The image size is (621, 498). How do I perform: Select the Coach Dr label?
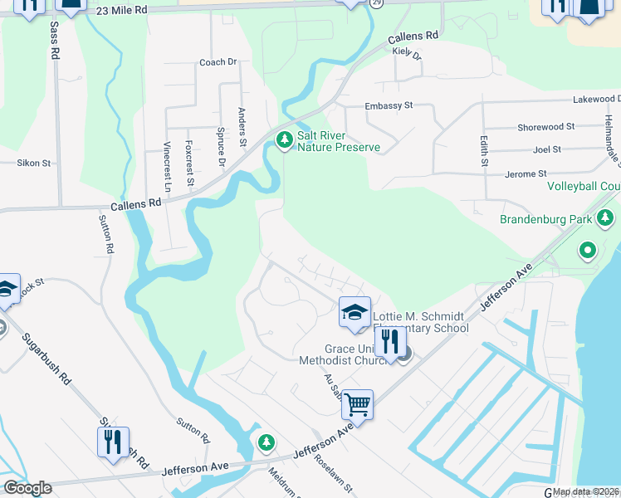click(x=218, y=62)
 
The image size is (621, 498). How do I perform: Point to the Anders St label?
click(x=242, y=127)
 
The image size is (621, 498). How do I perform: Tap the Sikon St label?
click(x=34, y=164)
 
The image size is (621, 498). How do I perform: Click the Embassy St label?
click(x=389, y=106)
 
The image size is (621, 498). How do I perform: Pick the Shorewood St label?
click(x=545, y=127)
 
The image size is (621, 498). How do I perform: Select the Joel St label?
click(x=547, y=149)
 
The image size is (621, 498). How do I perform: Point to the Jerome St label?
click(x=525, y=174)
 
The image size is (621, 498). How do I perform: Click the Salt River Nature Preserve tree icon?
click(x=285, y=140)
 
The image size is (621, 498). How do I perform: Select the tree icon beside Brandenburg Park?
click(x=606, y=219)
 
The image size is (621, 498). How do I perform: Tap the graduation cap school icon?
click(x=355, y=312)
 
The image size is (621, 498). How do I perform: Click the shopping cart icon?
click(x=357, y=405)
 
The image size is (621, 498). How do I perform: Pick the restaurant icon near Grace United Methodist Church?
click(x=389, y=341)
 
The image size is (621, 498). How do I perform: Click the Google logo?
click(x=27, y=488)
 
